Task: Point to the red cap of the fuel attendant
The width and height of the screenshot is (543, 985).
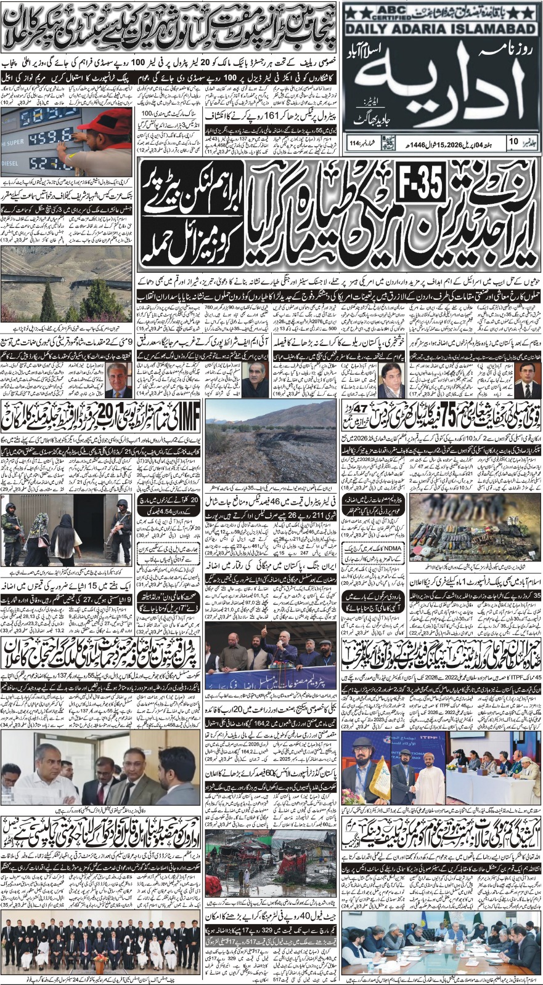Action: (103, 123)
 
